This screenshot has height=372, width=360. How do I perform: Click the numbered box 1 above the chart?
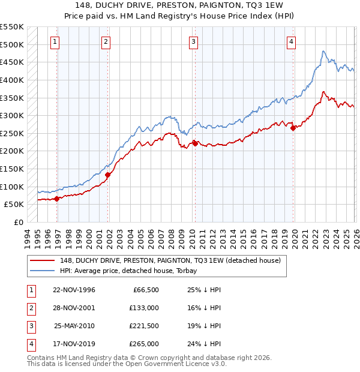(55, 42)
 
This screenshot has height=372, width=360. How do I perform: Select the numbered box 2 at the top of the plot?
(106, 42)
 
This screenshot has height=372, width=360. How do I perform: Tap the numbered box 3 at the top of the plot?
(194, 42)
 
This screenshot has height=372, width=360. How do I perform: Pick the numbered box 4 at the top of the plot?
(291, 42)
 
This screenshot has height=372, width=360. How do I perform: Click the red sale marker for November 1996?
(57, 199)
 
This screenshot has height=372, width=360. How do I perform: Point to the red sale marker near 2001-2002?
(108, 175)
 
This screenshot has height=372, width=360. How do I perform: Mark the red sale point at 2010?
(195, 143)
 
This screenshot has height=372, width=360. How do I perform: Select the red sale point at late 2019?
(293, 128)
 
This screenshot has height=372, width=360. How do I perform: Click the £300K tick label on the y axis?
(12, 115)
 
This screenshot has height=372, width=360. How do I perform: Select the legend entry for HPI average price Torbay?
(128, 271)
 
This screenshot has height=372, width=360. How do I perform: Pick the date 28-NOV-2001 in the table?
(74, 308)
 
